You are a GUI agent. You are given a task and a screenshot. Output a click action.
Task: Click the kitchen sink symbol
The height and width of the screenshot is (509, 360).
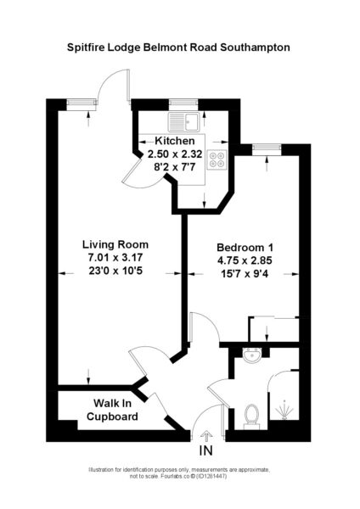[183, 121]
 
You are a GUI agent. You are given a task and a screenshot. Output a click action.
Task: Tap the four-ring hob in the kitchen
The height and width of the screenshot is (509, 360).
[217, 159]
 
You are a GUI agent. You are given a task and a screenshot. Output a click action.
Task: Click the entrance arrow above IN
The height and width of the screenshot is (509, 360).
[206, 435]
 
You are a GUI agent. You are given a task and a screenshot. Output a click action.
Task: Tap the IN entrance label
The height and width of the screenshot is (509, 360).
[206, 450]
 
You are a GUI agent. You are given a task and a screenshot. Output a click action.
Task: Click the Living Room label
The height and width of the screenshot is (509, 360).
[115, 244]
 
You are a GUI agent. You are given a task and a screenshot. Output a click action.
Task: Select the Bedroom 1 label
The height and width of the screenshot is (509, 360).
[245, 248]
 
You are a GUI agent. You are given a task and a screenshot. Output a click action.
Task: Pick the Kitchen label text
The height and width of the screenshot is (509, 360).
[175, 141]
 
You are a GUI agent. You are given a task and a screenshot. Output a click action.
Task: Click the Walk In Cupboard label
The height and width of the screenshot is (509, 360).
[112, 410]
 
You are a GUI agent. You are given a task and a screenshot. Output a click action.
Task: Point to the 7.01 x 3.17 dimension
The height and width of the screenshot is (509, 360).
[115, 257]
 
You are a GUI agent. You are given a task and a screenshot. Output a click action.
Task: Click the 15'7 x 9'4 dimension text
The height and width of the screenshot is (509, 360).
[245, 274]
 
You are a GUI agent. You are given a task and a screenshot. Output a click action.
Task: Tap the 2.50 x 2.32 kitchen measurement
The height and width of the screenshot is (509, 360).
[175, 154]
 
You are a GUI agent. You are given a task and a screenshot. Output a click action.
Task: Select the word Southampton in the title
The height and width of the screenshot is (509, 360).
[255, 48]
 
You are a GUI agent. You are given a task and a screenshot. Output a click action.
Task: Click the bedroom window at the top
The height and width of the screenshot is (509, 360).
[267, 148]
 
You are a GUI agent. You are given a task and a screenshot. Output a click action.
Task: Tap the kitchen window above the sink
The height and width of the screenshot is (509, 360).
[183, 103]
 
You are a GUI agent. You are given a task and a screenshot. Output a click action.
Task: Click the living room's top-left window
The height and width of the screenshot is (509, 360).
[82, 103]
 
